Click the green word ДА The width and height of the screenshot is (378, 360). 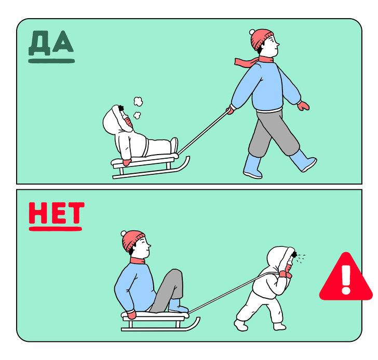pyautogui.click(x=51, y=43)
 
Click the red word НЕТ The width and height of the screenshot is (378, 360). pyautogui.click(x=57, y=213)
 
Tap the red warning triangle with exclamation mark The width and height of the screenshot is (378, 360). pyautogui.click(x=346, y=277)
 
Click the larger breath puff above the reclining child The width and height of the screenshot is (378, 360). pyautogui.click(x=138, y=101)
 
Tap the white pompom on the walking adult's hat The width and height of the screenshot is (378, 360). pyautogui.click(x=252, y=32)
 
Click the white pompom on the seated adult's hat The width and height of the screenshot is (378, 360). pyautogui.click(x=124, y=233)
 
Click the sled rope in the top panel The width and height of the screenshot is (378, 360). pyautogui.click(x=203, y=132)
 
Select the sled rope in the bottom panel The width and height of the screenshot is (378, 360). pyautogui.click(x=234, y=292)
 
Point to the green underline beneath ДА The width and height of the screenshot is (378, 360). pyautogui.click(x=51, y=61)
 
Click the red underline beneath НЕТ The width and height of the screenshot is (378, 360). pyautogui.click(x=56, y=229)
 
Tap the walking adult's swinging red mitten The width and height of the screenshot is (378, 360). pyautogui.click(x=303, y=106)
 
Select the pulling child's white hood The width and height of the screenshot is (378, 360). pyautogui.click(x=280, y=258)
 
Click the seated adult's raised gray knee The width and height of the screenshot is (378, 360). pyautogui.click(x=176, y=274)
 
